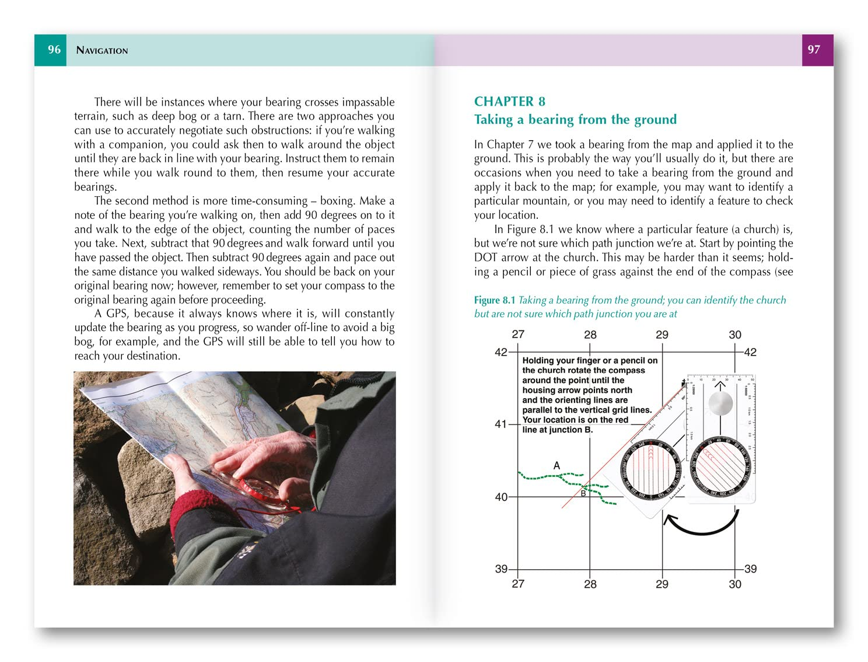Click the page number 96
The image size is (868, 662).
(x=54, y=50)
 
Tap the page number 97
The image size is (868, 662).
(x=814, y=50)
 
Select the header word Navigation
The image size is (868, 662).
(x=102, y=50)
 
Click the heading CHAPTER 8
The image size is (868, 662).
(x=509, y=102)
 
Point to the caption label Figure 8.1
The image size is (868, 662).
(x=494, y=300)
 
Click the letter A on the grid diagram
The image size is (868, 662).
(x=556, y=465)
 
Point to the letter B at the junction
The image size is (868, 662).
(x=583, y=494)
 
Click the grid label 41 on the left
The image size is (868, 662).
(x=501, y=424)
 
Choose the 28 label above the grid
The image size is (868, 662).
(x=590, y=335)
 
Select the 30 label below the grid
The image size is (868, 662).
(x=735, y=584)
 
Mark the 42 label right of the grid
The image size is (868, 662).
(x=750, y=352)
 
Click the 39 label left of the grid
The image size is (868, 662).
(x=501, y=569)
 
